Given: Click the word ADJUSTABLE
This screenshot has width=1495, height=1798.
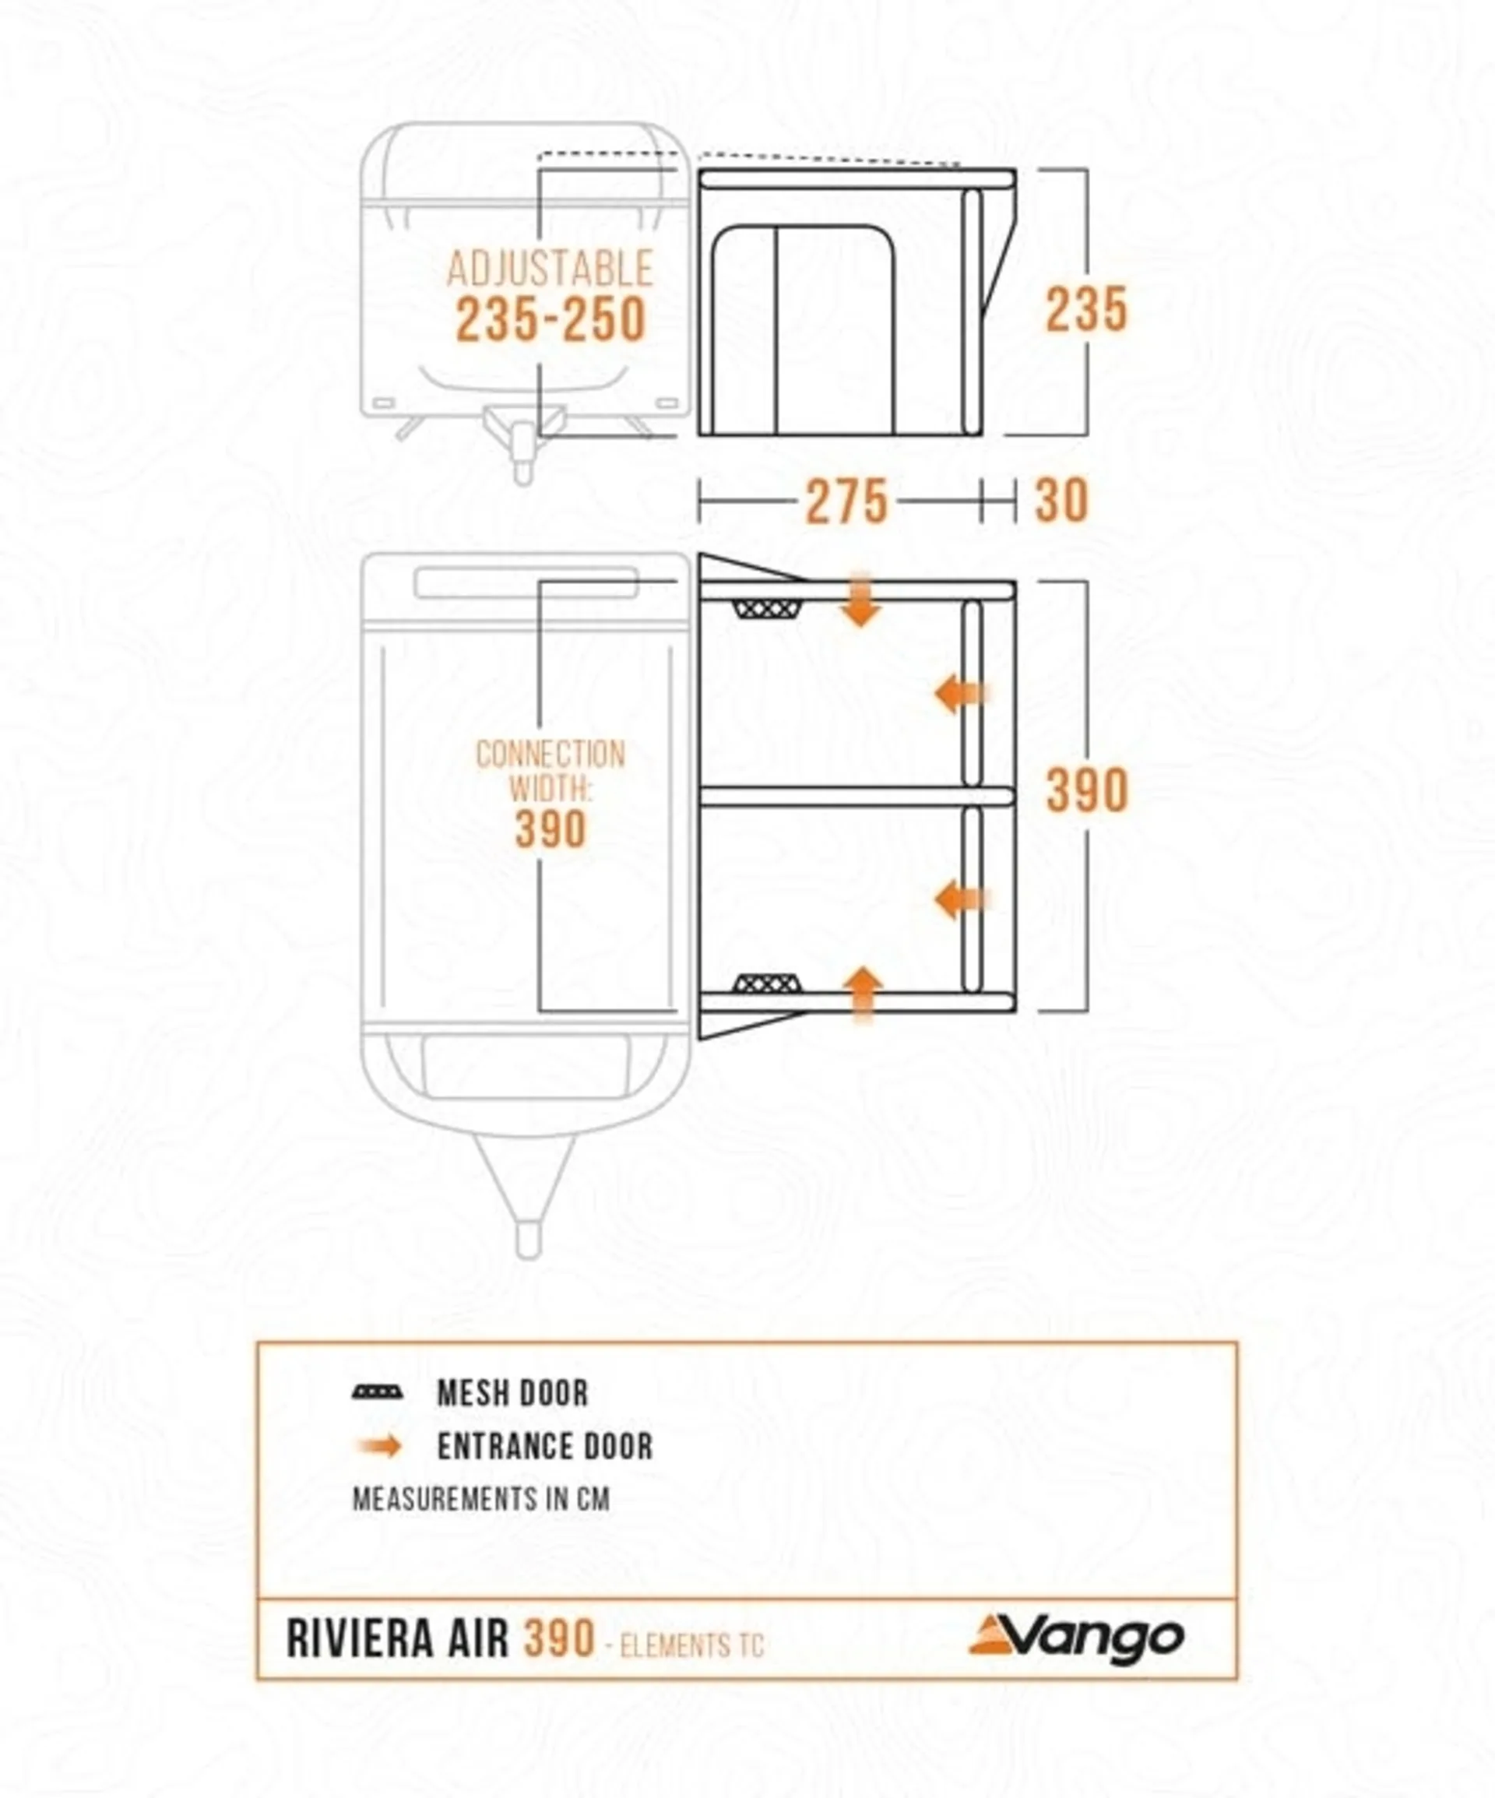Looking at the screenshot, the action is click(550, 269).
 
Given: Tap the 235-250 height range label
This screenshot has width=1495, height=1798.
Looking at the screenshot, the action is click(550, 320).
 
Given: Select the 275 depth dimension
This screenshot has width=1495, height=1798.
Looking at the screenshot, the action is click(846, 501).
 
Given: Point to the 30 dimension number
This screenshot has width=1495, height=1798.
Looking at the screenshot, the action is click(1062, 501).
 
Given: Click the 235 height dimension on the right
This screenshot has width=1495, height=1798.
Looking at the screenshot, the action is click(1085, 309).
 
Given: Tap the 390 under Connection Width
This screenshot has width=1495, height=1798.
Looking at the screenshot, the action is click(551, 829).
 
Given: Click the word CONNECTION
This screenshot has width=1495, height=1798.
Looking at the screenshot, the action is click(551, 754).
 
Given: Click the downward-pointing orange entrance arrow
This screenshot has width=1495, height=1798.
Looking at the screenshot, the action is click(860, 600).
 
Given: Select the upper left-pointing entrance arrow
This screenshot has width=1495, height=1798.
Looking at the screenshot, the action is click(962, 694).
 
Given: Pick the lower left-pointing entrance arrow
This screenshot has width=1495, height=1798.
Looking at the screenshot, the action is click(962, 901).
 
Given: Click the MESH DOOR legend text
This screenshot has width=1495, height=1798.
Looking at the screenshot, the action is click(513, 1393).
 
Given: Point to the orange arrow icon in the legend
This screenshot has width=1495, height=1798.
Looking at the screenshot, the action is click(379, 1446).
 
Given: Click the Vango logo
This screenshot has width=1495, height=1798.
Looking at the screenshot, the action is click(1076, 1637).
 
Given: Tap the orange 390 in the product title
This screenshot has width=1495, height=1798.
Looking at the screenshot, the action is click(559, 1640).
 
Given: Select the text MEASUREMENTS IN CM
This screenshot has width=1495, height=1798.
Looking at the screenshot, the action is click(481, 1498).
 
